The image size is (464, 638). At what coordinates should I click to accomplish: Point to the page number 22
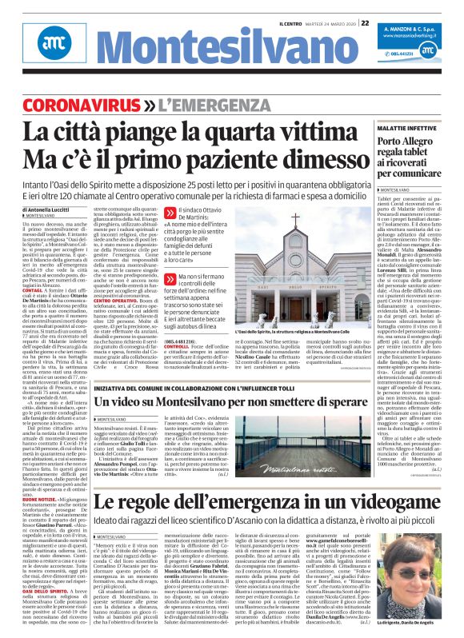[x=365, y=23]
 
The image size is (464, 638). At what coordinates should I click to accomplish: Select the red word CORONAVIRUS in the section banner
[x=75, y=106]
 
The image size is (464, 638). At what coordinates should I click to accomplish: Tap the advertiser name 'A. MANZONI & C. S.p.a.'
[x=416, y=27]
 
